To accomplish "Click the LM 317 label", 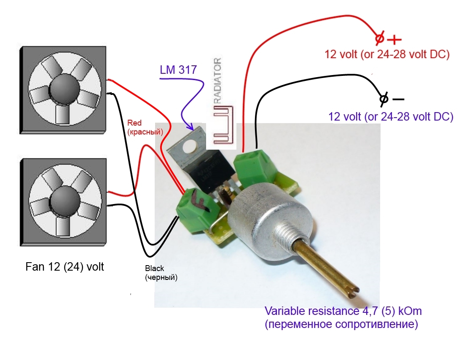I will pyautogui.click(x=178, y=70).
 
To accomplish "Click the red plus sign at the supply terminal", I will pyautogui.click(x=394, y=40).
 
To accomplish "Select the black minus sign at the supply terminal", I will pyautogui.click(x=398, y=99).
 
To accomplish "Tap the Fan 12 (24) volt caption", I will pyautogui.click(x=65, y=266).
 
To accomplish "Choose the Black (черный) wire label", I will pyautogui.click(x=161, y=273).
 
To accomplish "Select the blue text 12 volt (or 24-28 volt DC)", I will pyautogui.click(x=390, y=116).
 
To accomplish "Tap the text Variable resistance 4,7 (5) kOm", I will pyautogui.click(x=343, y=312).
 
